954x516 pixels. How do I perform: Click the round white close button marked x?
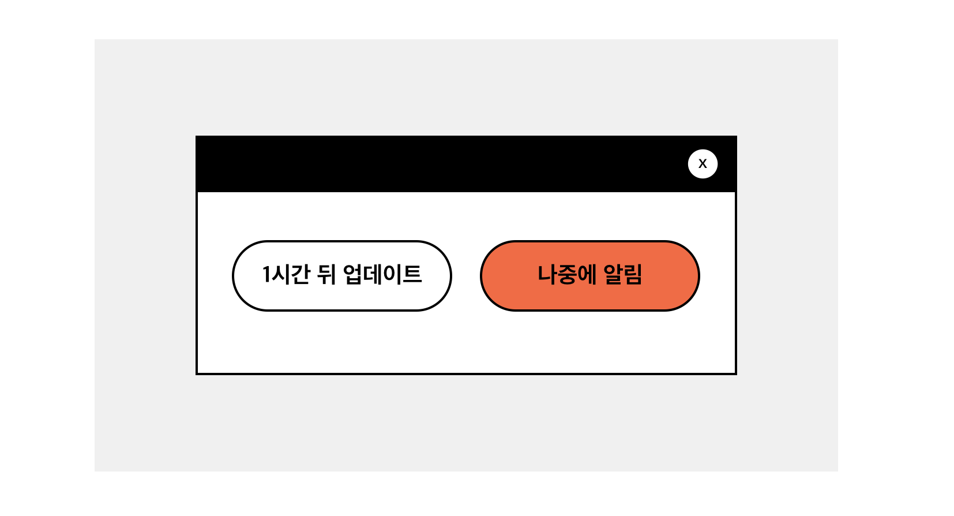pos(703,164)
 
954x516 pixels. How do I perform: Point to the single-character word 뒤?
pos(326,274)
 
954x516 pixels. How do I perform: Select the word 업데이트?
pos(382,274)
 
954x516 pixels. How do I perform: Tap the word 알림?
pos(623,274)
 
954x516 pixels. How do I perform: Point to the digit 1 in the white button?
pos(266,274)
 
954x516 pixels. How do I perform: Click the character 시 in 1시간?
pos(280,274)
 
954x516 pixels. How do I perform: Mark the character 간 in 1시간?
pos(300,274)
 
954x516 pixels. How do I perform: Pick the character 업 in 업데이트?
pos(353,274)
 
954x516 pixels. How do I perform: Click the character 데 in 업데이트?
pos(373,274)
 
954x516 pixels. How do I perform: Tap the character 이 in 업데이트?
pos(392,274)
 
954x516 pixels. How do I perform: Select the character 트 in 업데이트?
pos(412,274)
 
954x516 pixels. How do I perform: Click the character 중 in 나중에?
pos(566,275)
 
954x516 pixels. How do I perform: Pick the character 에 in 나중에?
pos(586,274)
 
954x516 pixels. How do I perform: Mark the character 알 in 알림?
pos(613,274)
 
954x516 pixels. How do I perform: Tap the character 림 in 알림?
pos(633,274)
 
